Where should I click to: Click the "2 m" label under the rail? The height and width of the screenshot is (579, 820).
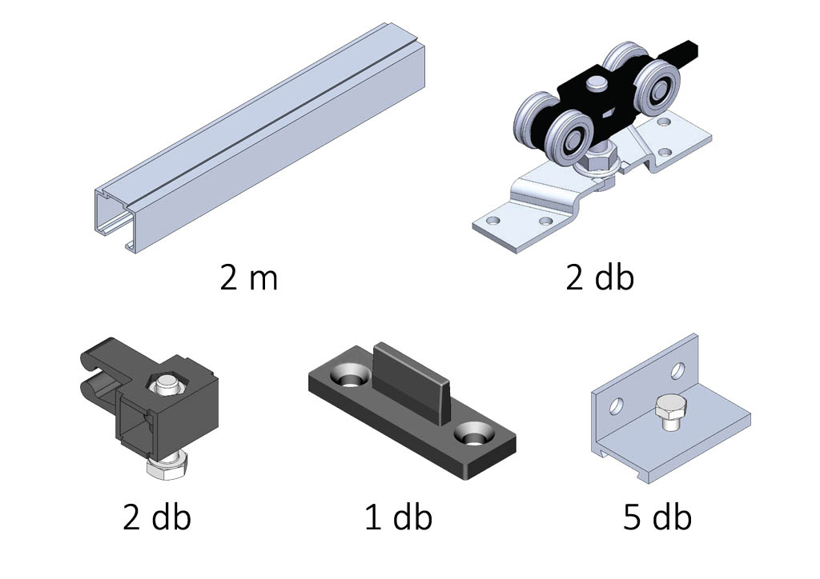(248, 278)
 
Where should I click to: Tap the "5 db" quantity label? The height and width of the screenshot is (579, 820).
(657, 517)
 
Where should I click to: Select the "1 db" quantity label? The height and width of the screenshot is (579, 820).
(399, 517)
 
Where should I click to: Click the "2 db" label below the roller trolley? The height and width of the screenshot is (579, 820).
(600, 278)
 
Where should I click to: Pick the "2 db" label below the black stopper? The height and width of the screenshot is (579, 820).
(157, 517)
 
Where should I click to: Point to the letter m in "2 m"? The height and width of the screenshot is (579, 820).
(263, 282)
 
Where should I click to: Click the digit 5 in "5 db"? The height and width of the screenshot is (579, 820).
(631, 517)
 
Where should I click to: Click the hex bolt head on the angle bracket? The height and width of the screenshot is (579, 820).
(668, 412)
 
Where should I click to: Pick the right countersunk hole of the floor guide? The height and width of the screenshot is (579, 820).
(472, 433)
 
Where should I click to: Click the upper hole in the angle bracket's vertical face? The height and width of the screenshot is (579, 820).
(677, 371)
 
